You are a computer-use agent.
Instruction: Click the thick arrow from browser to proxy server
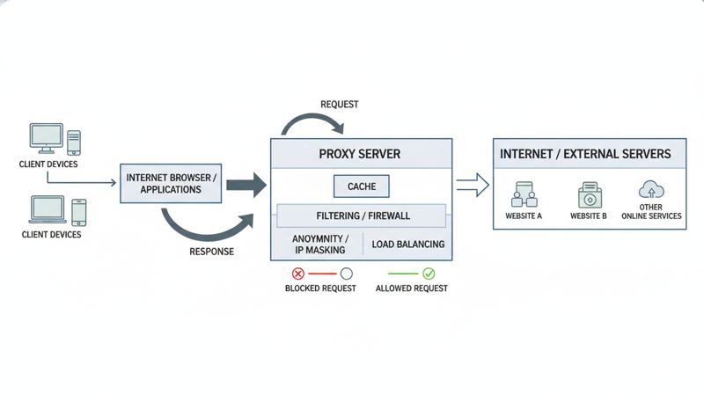pyautogui.click(x=246, y=185)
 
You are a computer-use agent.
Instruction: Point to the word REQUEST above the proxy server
pyautogui.click(x=339, y=105)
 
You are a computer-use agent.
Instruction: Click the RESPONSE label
pyautogui.click(x=211, y=252)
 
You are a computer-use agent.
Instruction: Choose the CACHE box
pyautogui.click(x=362, y=186)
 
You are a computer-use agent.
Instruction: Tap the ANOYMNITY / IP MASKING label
pyautogui.click(x=319, y=244)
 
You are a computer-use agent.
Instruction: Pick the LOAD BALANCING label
pyautogui.click(x=407, y=244)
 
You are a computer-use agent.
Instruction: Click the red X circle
pyautogui.click(x=297, y=274)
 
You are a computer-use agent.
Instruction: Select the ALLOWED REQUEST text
pyautogui.click(x=411, y=289)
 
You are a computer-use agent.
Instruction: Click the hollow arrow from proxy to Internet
pyautogui.click(x=472, y=185)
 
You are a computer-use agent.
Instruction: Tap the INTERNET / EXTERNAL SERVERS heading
pyautogui.click(x=585, y=154)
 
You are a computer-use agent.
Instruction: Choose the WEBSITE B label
pyautogui.click(x=587, y=216)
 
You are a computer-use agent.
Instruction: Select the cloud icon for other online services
pyautogui.click(x=651, y=189)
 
